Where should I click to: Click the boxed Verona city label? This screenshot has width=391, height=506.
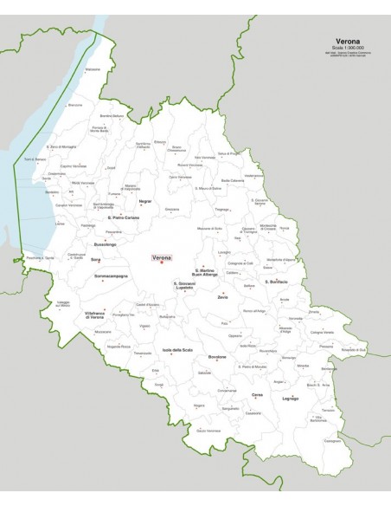(162, 257)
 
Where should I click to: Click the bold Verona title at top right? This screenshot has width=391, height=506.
(348, 41)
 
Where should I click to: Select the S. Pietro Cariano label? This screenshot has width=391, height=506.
(111, 218)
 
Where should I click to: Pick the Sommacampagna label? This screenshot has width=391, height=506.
(110, 276)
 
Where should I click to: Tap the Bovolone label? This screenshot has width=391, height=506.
(217, 356)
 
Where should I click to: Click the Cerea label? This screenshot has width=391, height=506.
(257, 394)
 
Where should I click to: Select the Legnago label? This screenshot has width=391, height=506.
(290, 398)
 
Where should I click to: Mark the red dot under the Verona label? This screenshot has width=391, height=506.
(161, 263)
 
